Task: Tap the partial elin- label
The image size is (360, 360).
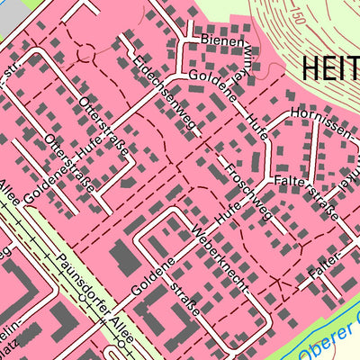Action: [x=9, y=328]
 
